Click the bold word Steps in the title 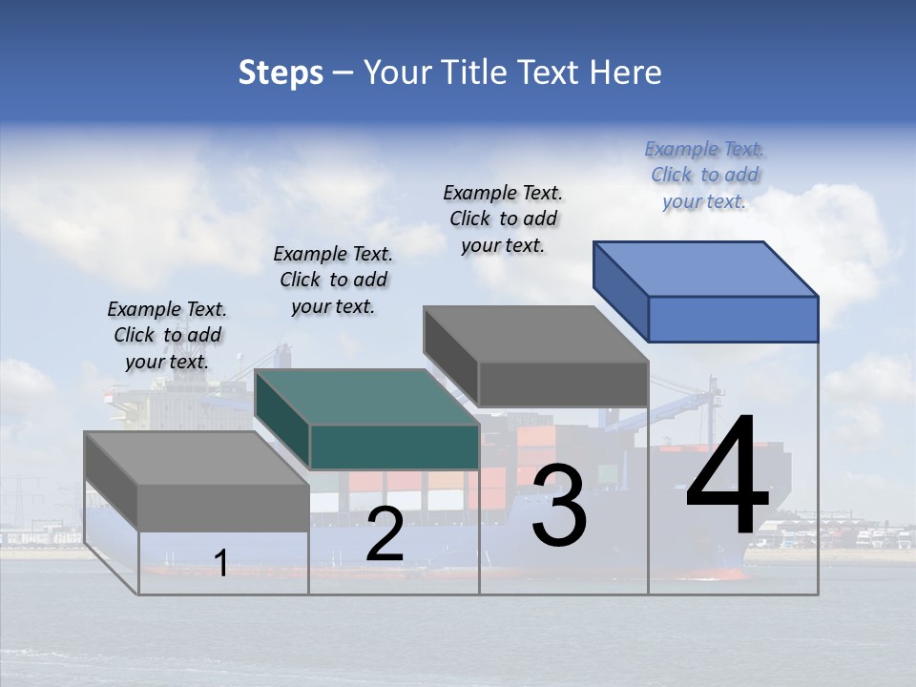[x=281, y=73]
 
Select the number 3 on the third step [x=559, y=507]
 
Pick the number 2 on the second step [x=385, y=534]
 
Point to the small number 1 [x=221, y=563]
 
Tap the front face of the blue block [x=733, y=319]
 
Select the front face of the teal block [x=394, y=447]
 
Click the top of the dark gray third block [x=535, y=334]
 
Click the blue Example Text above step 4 [x=705, y=175]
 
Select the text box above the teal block [x=333, y=280]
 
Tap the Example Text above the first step [x=167, y=335]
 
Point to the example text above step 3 [x=503, y=219]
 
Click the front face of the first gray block [x=223, y=507]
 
